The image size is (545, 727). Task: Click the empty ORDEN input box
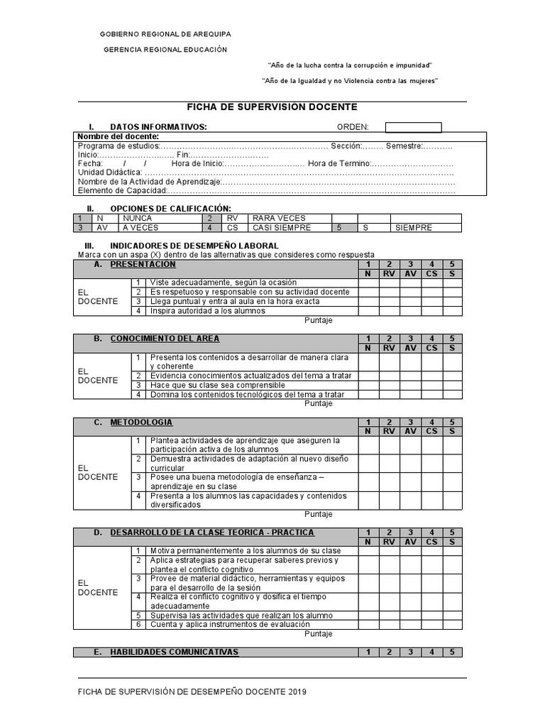(413, 127)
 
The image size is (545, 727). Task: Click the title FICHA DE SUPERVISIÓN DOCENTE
(272, 107)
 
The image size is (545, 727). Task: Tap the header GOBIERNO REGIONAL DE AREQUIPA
(165, 34)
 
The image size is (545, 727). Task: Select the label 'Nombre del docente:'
(118, 136)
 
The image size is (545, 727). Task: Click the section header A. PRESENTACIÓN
(143, 264)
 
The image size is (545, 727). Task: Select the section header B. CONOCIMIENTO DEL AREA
(165, 338)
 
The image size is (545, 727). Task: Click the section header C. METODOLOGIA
(141, 422)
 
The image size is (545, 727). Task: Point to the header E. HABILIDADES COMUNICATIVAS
(174, 652)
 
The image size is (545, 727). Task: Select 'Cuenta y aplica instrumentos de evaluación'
(229, 625)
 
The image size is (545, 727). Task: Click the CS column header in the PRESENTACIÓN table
(431, 273)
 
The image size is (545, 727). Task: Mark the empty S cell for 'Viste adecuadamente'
(453, 283)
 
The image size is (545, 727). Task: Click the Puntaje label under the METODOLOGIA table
(319, 514)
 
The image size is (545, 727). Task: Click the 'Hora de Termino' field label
(339, 163)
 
